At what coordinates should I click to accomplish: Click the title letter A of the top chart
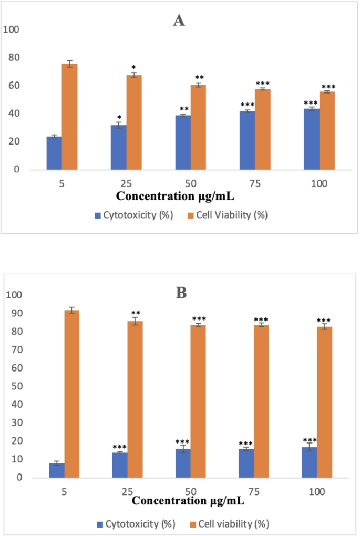(179, 20)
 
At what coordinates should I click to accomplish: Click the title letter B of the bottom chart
(181, 293)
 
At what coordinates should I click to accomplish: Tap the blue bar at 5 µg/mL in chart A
(54, 153)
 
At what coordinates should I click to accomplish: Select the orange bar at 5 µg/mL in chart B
(72, 394)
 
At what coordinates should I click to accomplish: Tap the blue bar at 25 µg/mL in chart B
(120, 465)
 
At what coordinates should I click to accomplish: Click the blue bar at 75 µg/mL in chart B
(246, 463)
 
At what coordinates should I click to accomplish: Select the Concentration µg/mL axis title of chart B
(188, 501)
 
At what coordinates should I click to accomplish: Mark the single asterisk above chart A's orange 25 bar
(133, 68)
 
